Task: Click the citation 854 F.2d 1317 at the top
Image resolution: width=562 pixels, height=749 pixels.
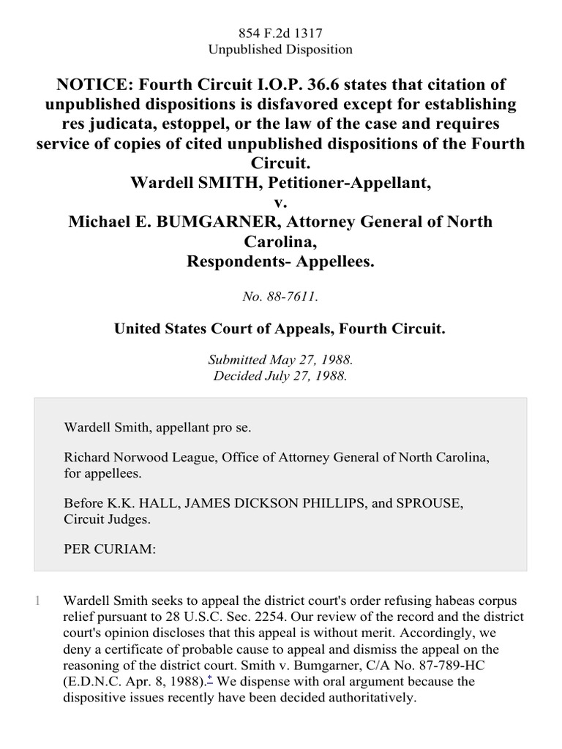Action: [x=281, y=33]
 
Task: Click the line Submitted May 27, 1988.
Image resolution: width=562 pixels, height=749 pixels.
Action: [x=281, y=360]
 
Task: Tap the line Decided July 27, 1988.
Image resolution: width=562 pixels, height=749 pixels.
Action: [x=281, y=377]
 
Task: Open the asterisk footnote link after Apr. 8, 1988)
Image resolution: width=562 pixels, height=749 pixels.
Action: [x=210, y=680]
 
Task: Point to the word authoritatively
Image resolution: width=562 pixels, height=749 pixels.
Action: [x=353, y=697]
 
